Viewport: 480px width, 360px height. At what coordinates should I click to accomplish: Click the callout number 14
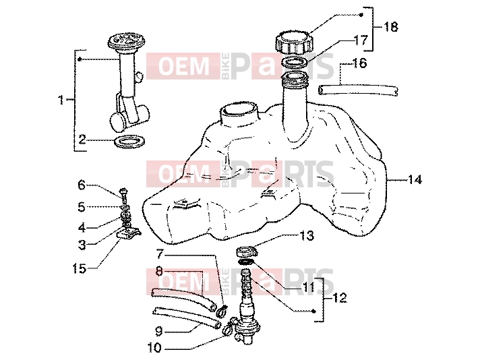pyautogui.click(x=415, y=179)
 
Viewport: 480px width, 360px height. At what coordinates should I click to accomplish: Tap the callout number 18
pyautogui.click(x=391, y=27)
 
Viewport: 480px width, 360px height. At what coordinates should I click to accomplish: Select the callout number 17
pyautogui.click(x=361, y=40)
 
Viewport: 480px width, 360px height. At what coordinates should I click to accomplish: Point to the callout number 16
pyautogui.click(x=360, y=63)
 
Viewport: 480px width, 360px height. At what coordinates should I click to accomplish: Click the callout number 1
pyautogui.click(x=61, y=100)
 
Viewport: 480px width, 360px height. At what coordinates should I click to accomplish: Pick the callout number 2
pyautogui.click(x=82, y=140)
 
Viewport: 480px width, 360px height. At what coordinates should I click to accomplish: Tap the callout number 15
pyautogui.click(x=80, y=269)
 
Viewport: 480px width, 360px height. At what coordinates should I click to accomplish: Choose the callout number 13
pyautogui.click(x=307, y=236)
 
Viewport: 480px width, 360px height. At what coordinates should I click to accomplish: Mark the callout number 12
pyautogui.click(x=340, y=297)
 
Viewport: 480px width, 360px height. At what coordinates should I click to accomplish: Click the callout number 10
pyautogui.click(x=154, y=348)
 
